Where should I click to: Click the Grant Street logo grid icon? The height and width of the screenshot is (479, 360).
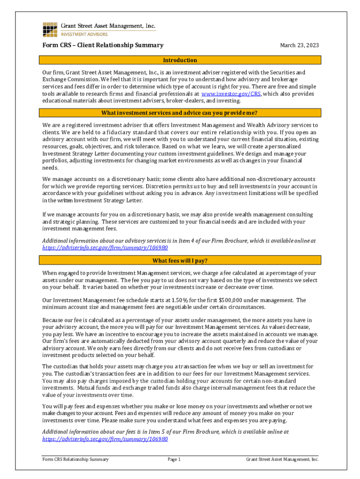pyautogui.click(x=50, y=29)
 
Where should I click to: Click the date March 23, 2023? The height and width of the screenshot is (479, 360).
pyautogui.click(x=299, y=45)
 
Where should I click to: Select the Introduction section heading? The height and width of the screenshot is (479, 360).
pyautogui.click(x=180, y=60)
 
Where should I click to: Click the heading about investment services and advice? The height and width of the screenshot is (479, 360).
pyautogui.click(x=180, y=113)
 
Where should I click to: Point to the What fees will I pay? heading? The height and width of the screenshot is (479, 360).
pyautogui.click(x=180, y=261)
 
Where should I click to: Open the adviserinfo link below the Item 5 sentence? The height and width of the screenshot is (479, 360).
pyautogui.click(x=105, y=439)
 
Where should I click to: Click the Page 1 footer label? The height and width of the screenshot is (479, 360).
pyautogui.click(x=174, y=459)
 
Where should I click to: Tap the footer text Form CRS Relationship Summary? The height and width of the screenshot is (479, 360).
pyautogui.click(x=75, y=459)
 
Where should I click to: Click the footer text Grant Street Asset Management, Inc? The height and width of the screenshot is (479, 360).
pyautogui.click(x=282, y=459)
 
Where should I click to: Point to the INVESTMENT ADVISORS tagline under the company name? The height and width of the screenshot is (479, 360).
pyautogui.click(x=85, y=34)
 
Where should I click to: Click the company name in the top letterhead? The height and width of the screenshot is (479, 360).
pyautogui.click(x=108, y=26)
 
